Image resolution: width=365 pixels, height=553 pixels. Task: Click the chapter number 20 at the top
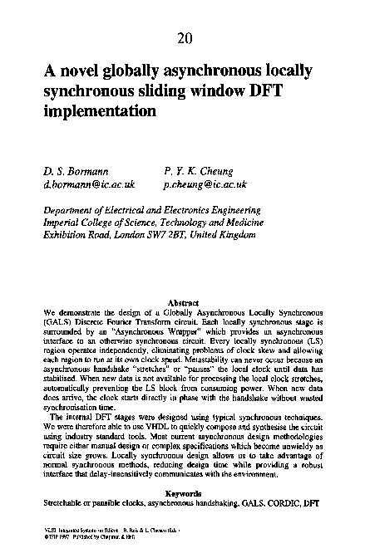[183, 38]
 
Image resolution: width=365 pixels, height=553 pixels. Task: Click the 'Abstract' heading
[182, 302]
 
